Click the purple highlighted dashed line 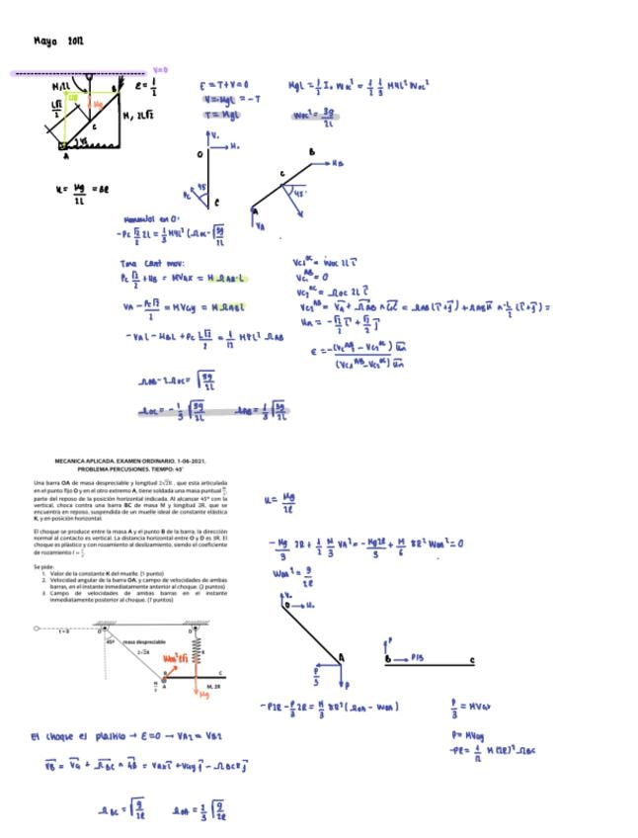(79, 74)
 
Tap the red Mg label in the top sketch (97, 103)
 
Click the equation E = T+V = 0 (223, 85)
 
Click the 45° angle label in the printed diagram (111, 642)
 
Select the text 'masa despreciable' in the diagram (144, 642)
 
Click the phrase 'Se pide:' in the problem (43, 566)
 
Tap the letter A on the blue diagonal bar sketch (342, 655)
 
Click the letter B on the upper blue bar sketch (312, 153)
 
